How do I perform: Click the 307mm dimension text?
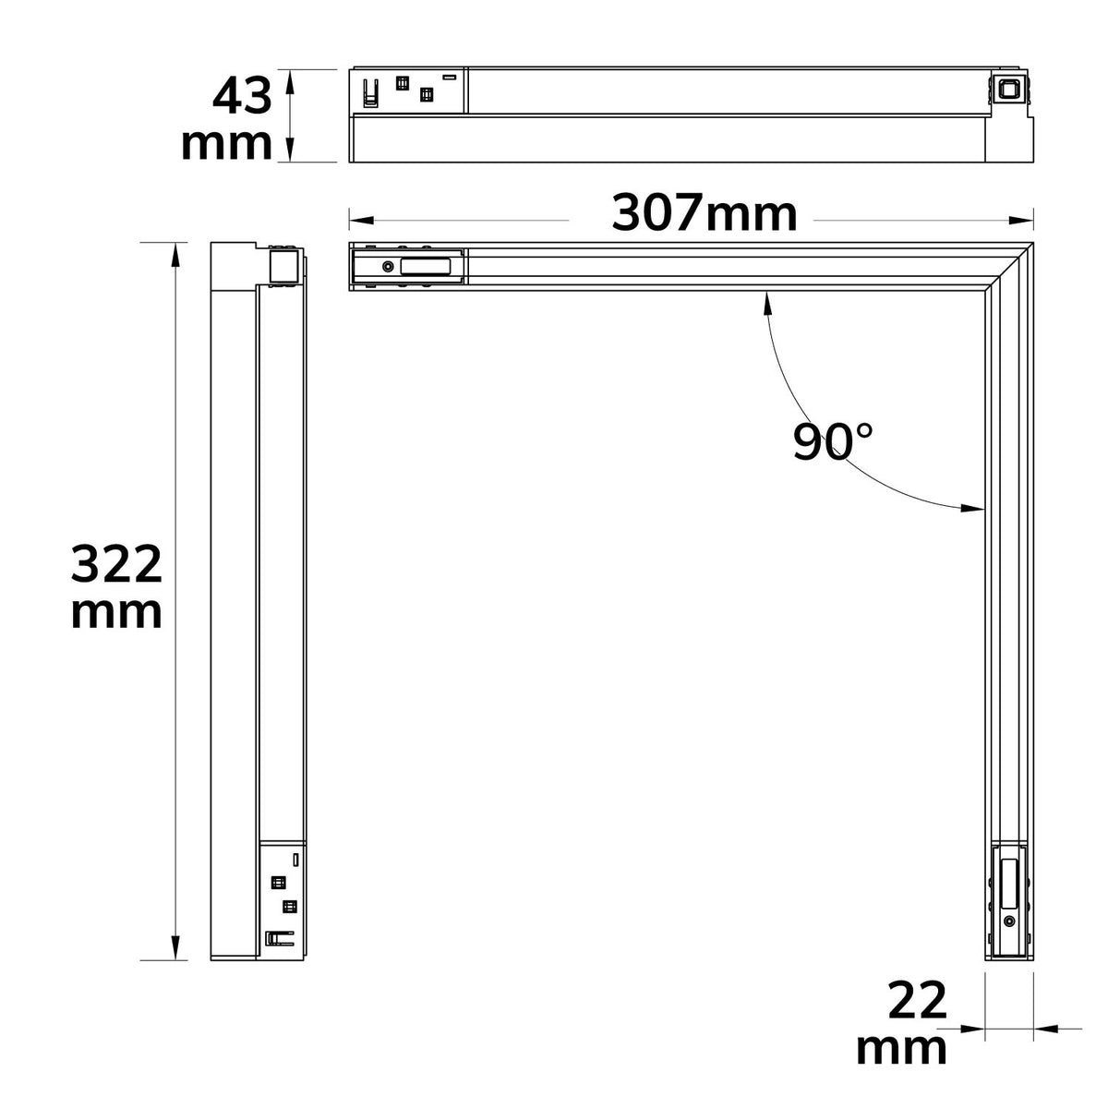[704, 213]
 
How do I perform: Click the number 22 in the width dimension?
[917, 1001]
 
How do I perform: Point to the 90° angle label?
[833, 441]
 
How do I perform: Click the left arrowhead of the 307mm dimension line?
[362, 221]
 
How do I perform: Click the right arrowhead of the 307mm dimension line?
[1021, 221]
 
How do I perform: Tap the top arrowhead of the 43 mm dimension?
[290, 82]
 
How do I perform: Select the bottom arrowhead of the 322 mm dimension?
[175, 947]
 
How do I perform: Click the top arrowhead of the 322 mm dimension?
[175, 255]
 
